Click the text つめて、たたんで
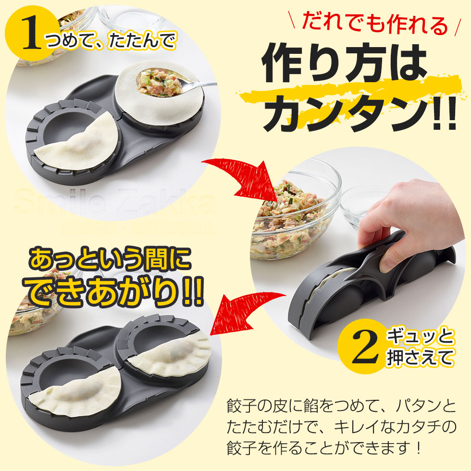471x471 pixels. click(x=111, y=41)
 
